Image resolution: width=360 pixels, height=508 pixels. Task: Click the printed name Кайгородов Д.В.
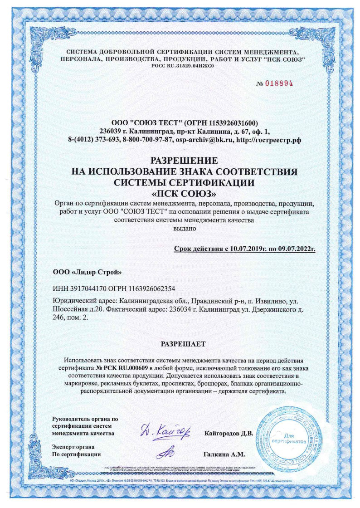229,433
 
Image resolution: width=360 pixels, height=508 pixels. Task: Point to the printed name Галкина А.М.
225,454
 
